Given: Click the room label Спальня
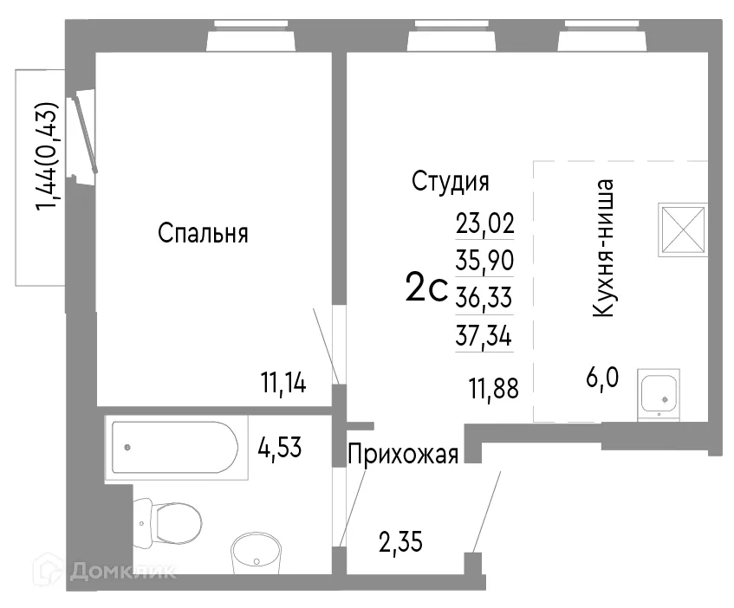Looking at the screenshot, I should tap(204, 234).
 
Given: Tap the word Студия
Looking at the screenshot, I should tap(450, 182).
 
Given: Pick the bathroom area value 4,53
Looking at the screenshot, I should tap(280, 449).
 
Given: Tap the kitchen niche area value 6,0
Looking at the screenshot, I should tap(601, 379).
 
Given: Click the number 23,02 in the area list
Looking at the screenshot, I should tap(485, 224).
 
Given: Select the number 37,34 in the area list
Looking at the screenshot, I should tap(485, 336).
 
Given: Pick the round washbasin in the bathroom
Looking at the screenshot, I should tap(257, 552).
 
